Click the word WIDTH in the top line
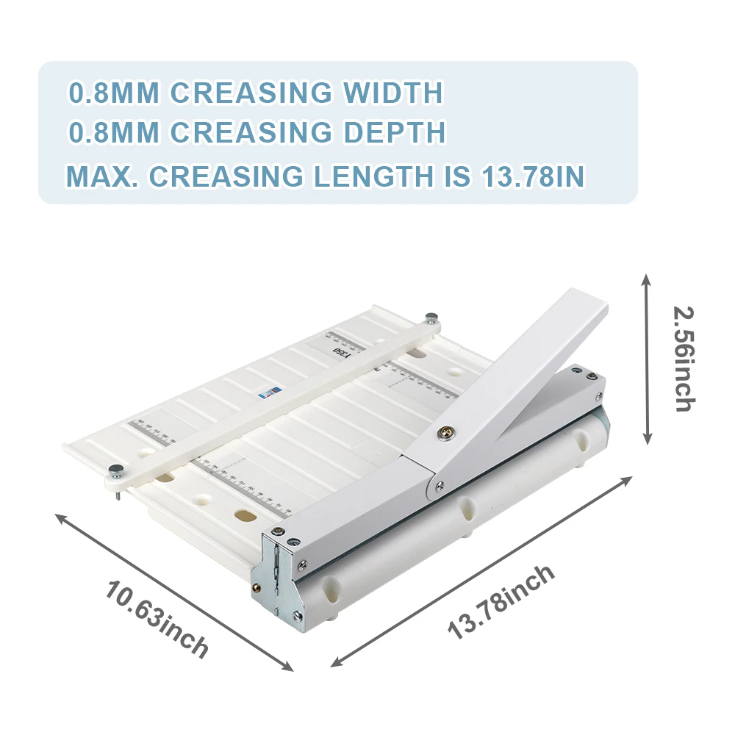coord(393,93)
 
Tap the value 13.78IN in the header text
coord(532,177)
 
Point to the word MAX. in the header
coord(102,177)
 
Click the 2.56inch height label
coord(684,359)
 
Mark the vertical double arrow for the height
coord(647,359)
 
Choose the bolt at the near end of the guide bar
coord(115,470)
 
